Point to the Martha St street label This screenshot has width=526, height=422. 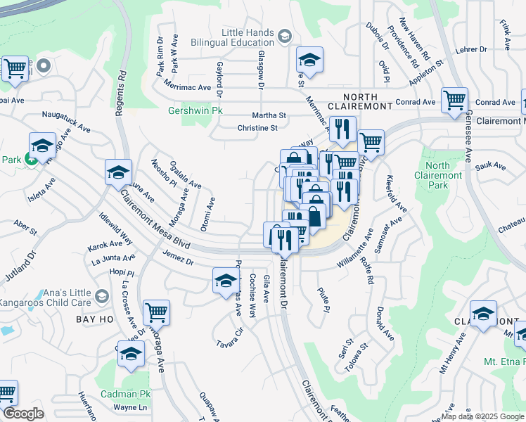pyautogui.click(x=269, y=115)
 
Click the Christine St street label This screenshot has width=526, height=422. pyautogui.click(x=258, y=128)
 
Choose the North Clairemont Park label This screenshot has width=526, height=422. pyautogui.click(x=437, y=175)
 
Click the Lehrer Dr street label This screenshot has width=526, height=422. pyautogui.click(x=471, y=50)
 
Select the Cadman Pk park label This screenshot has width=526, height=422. pyautogui.click(x=126, y=395)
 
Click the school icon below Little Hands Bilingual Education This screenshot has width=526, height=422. pyautogui.click(x=309, y=60)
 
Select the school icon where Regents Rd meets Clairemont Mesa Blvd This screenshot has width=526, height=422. pyautogui.click(x=118, y=172)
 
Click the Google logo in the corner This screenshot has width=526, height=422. pyautogui.click(x=23, y=414)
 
